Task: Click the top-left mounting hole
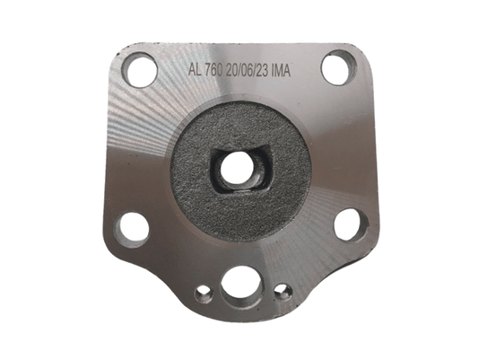click(x=139, y=70)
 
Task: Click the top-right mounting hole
click(x=339, y=67)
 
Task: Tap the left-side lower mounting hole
click(x=132, y=229)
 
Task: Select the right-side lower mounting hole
click(x=351, y=225)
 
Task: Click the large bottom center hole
click(x=240, y=287)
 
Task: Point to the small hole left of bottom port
click(x=204, y=294)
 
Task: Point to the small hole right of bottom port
click(x=283, y=292)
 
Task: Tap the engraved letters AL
click(x=195, y=70)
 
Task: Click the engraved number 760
click(x=213, y=71)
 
